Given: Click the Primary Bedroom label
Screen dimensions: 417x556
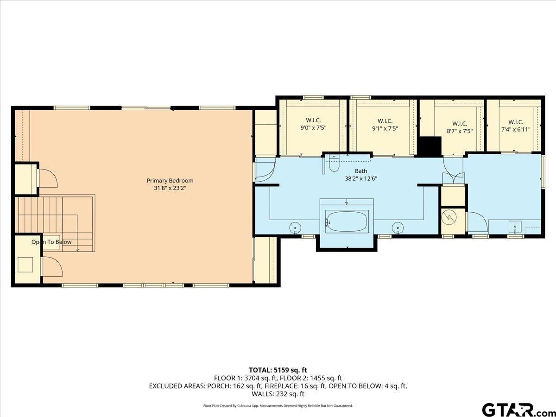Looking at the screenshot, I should pos(170,181).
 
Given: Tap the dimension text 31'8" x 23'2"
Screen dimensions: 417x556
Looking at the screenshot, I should pos(170,188).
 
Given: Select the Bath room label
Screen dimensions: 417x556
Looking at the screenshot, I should pos(360,171).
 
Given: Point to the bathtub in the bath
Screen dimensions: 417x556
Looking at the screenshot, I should pos(347,221).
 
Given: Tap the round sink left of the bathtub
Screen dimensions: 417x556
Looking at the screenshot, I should pos(295,227).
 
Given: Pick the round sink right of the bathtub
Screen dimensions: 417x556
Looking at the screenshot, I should pos(398,227).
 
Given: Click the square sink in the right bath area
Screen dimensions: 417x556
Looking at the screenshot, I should pos(514,227).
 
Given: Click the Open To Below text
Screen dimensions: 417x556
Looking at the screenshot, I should pos(51,242).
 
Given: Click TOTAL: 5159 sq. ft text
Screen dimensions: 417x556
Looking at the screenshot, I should pos(278,370).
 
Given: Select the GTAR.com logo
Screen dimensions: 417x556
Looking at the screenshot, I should pos(514,410).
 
